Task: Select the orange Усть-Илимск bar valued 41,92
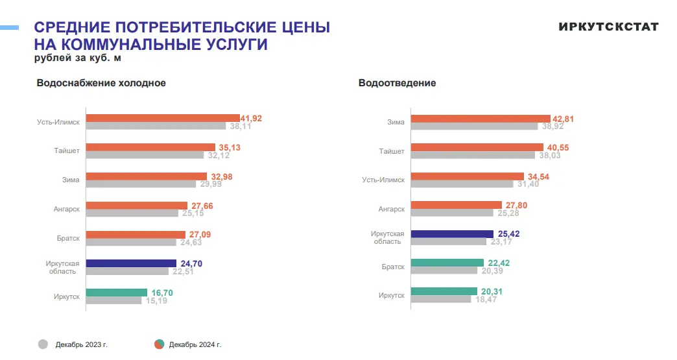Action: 162,118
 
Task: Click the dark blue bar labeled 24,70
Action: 131,263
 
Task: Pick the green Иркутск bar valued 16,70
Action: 117,293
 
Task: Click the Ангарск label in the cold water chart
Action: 66,209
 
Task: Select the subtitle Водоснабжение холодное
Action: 101,83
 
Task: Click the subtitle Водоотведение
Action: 397,83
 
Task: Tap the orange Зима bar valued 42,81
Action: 481,119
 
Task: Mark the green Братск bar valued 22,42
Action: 447,263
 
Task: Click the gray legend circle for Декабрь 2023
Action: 43,344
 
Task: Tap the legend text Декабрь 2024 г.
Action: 195,344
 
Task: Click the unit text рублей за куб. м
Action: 78,58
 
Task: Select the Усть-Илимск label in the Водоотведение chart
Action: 383,180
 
